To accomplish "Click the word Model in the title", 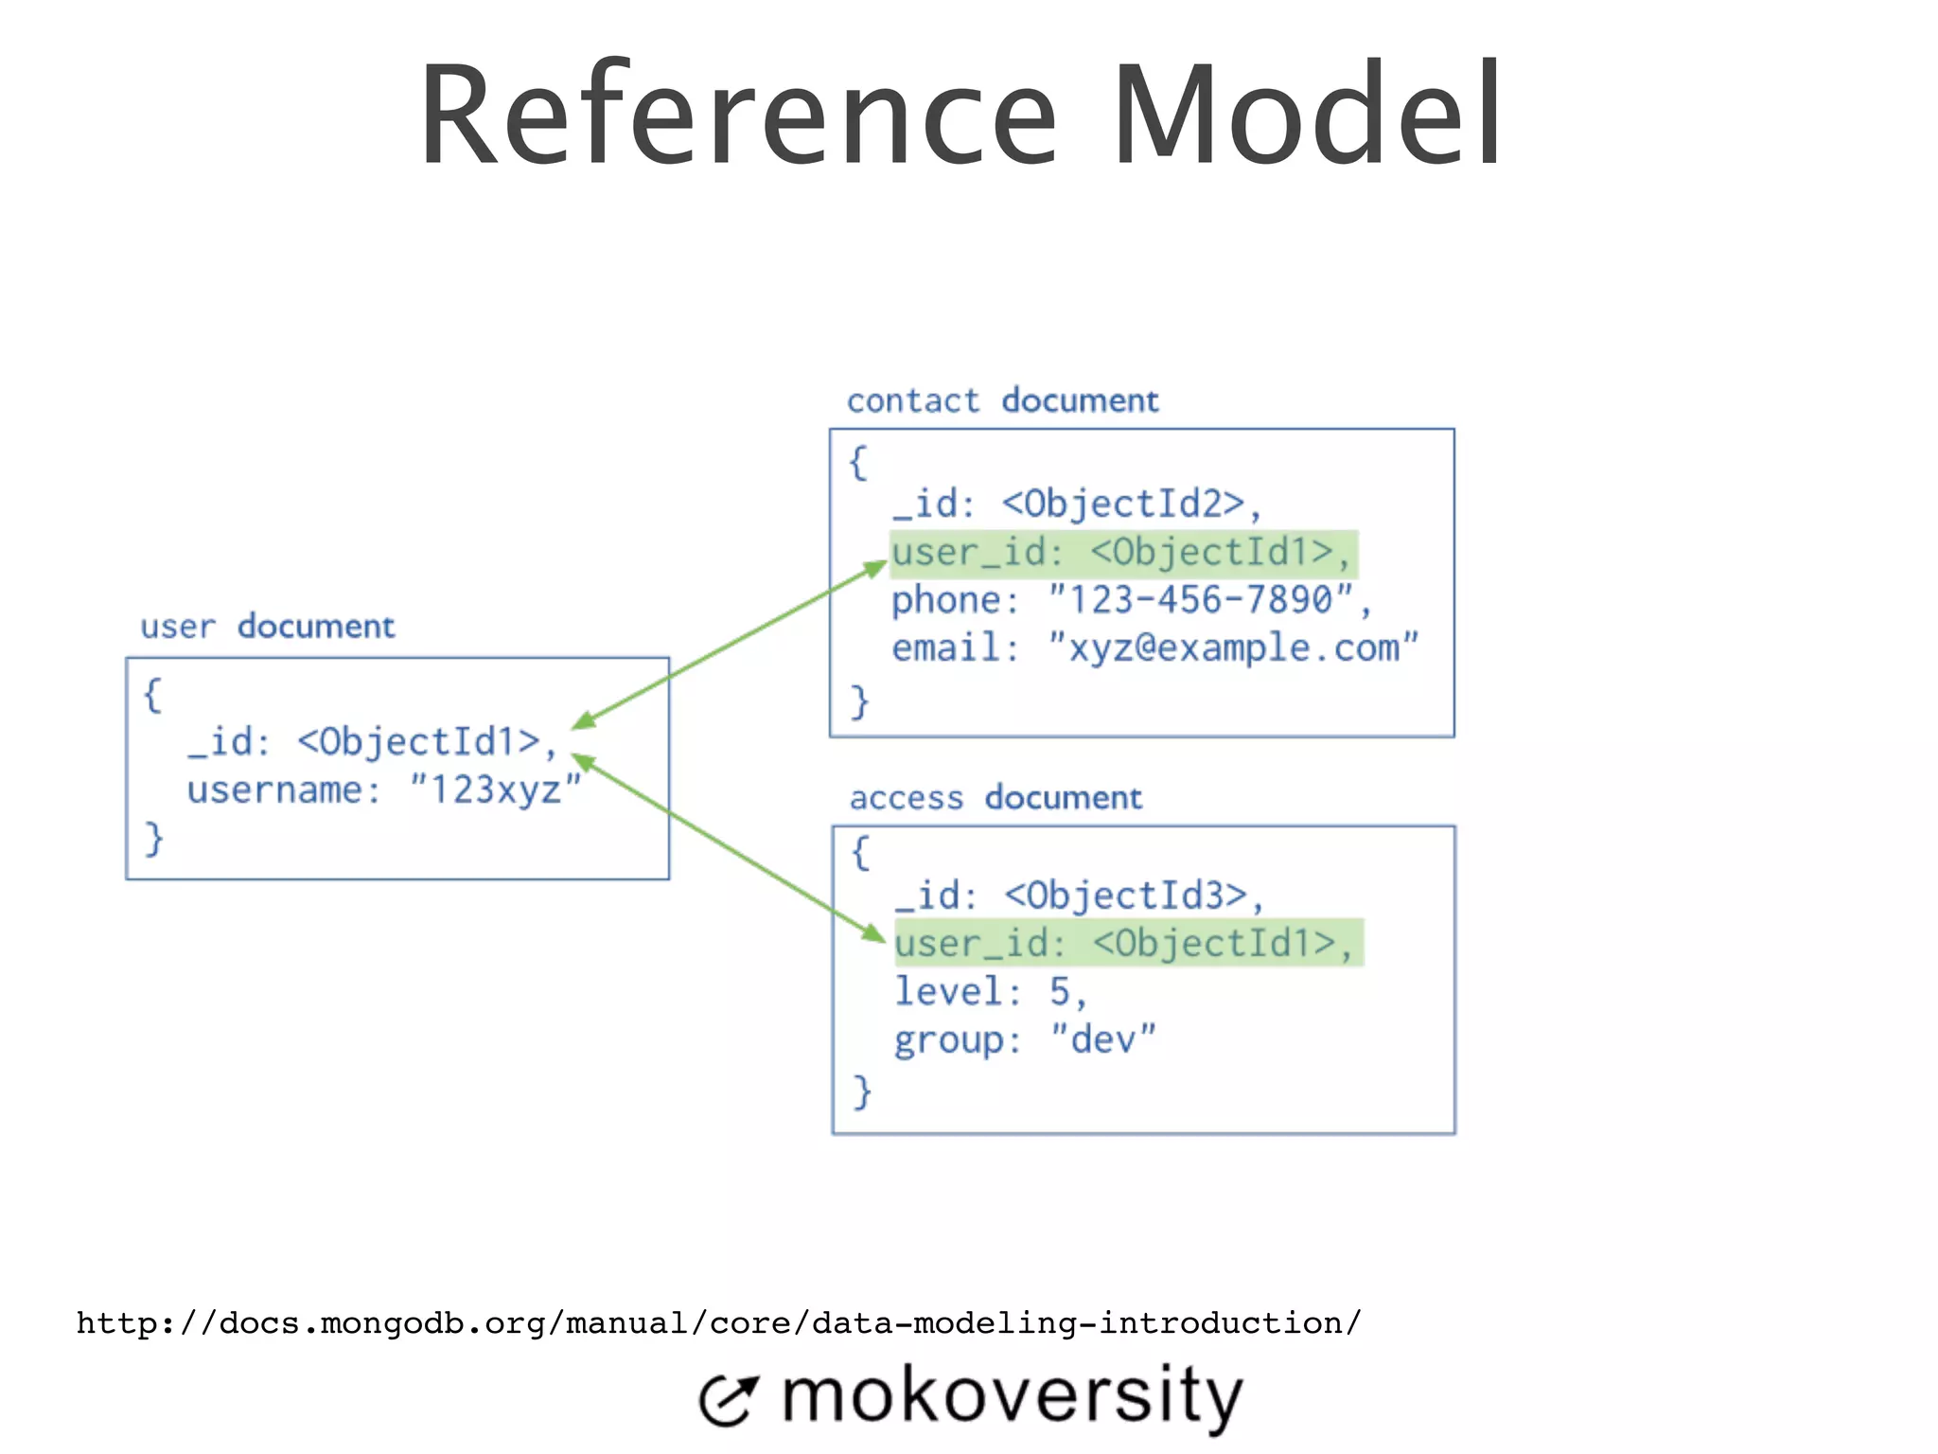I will point(1306,115).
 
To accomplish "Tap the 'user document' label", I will point(268,627).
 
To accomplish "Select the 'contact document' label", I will point(1002,401).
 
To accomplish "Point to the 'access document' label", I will point(995,798).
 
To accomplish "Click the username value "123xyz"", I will point(495,789).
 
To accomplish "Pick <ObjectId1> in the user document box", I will point(419,741).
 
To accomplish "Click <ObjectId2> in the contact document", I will point(1123,504).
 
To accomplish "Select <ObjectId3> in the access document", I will point(1126,895).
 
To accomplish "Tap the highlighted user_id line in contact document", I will point(1123,553).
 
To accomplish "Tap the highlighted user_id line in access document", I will point(1128,943).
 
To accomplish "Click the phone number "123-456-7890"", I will point(1201,600).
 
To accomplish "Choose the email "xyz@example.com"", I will point(1233,648).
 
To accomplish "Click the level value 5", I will point(1060,992).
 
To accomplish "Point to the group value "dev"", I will point(1103,1039).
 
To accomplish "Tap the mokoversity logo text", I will point(1011,1396).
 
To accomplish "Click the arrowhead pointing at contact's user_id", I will point(875,569).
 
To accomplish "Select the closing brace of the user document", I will point(153,839).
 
